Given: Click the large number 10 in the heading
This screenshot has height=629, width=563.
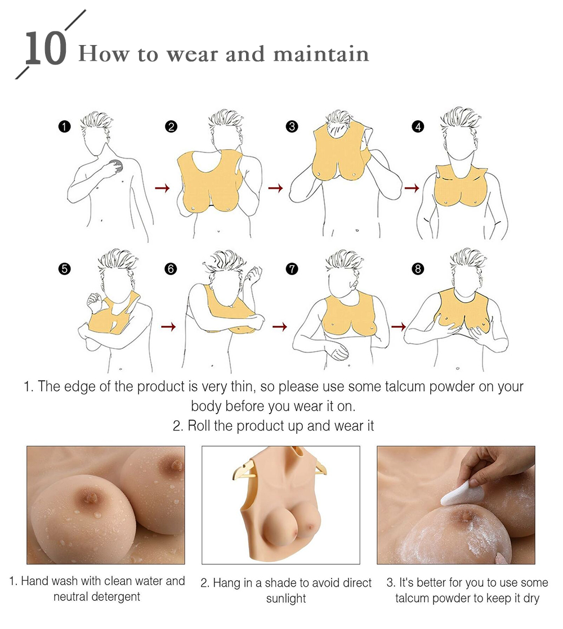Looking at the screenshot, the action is (x=46, y=48).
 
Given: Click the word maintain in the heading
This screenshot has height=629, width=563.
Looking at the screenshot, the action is (x=321, y=54).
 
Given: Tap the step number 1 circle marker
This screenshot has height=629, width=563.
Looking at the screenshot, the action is (x=64, y=127).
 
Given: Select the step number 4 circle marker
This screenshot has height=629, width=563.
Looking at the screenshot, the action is (x=418, y=127).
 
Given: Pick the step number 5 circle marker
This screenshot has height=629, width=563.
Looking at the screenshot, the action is (x=64, y=268).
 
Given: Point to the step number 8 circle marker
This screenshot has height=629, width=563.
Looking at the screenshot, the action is (x=418, y=268).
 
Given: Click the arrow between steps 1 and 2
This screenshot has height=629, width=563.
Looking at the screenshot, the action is (x=162, y=188).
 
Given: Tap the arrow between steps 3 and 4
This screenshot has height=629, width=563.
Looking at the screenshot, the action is (x=412, y=188).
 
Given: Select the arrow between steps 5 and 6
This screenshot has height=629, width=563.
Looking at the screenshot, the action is (x=168, y=327).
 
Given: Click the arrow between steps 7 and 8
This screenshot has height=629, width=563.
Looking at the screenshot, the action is (x=399, y=327).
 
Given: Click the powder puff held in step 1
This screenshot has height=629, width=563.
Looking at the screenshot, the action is (x=117, y=165).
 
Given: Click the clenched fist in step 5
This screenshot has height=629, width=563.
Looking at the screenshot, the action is (x=95, y=301).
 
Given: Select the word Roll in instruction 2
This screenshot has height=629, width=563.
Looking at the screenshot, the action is (x=199, y=426).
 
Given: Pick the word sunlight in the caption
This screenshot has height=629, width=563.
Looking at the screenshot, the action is (x=285, y=599).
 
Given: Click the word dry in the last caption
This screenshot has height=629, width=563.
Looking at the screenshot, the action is (x=531, y=599).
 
